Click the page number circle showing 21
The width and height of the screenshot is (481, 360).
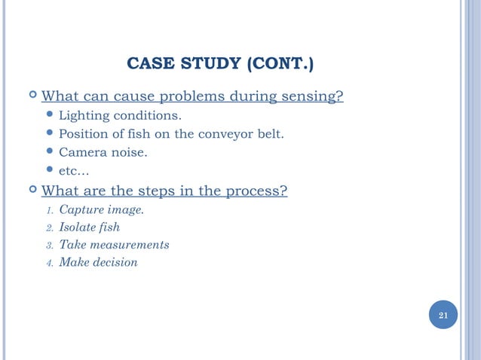point(443,315)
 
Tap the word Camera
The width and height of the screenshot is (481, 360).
point(81,153)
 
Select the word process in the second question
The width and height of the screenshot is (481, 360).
point(256,191)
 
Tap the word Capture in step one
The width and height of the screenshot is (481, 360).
point(80,209)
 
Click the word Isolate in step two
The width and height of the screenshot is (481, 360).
point(78,227)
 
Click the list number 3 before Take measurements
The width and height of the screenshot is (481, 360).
point(49,246)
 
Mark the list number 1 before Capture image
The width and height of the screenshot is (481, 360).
point(49,210)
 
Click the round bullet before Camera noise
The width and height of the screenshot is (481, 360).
point(49,153)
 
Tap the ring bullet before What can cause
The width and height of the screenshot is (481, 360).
point(31,97)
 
